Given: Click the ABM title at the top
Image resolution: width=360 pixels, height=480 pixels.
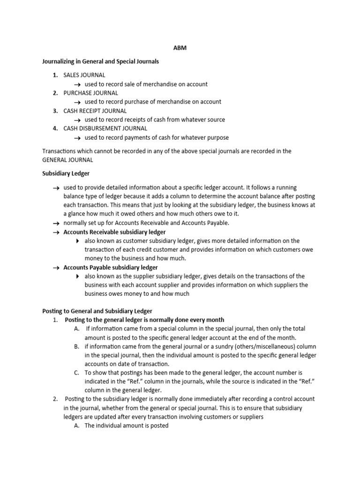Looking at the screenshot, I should point(180,48).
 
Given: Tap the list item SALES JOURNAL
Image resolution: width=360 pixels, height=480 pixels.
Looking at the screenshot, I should point(84,75).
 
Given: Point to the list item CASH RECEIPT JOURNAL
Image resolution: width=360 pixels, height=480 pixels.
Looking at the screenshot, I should point(95,111).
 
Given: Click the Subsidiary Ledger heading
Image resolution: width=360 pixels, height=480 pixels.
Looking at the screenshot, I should point(66,174).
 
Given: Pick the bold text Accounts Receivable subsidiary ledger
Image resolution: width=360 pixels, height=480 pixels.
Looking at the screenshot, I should point(114,232).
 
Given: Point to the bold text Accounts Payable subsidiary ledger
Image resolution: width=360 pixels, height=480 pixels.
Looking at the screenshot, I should point(111,267).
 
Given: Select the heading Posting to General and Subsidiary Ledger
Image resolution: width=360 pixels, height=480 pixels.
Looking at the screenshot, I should point(97,311).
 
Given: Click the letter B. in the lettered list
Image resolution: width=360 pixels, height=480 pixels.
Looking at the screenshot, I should point(76,346).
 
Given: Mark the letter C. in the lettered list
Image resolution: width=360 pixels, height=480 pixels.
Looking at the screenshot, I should point(76,373).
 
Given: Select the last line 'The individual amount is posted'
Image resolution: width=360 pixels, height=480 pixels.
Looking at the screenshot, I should point(126,426).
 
